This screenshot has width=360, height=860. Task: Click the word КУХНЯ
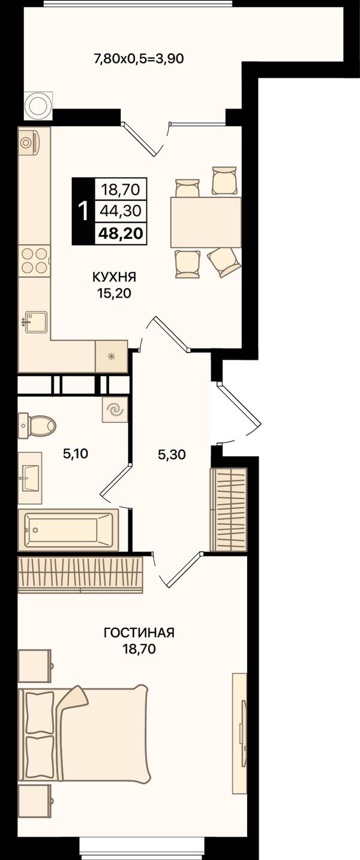[114, 277]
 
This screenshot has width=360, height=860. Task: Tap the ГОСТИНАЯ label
[139, 632]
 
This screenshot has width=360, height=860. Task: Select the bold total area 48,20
[120, 233]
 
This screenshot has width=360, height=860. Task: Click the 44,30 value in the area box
[121, 211]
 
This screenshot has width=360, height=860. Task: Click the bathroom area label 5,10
[76, 454]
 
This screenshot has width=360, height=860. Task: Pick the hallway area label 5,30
[172, 454]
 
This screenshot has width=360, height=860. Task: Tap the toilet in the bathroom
[37, 425]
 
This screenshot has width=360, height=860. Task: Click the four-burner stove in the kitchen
[35, 260]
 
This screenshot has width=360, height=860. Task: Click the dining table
[206, 222]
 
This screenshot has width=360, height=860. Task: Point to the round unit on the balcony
[38, 105]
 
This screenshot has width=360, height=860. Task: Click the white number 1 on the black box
[83, 211]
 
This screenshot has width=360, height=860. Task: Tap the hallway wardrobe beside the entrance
[229, 510]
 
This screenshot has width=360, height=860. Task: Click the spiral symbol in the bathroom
[115, 410]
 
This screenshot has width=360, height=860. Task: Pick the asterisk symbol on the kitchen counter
[112, 356]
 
